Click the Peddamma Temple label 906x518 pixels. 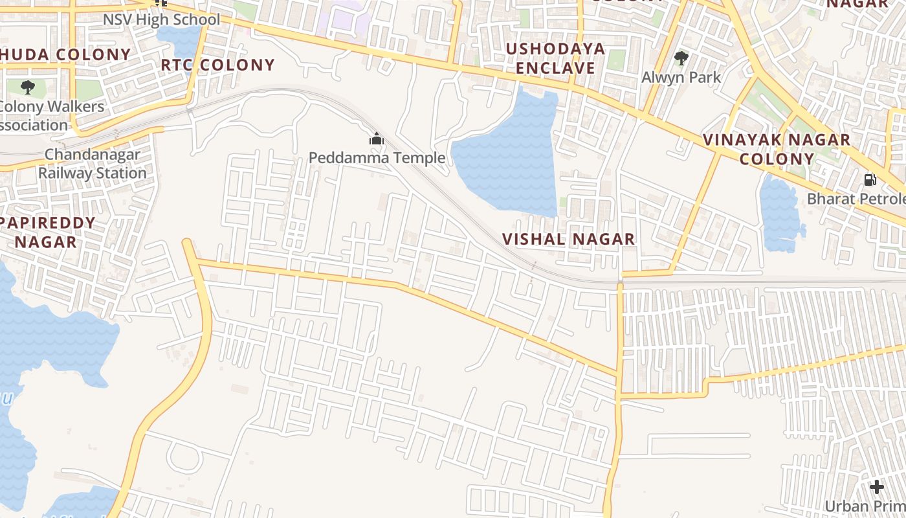[x=377, y=157]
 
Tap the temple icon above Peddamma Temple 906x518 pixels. [x=376, y=139]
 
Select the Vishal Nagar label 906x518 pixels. [x=568, y=239]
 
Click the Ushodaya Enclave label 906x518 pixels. [x=555, y=58]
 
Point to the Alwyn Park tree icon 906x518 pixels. [x=681, y=58]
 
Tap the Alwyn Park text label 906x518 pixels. [x=681, y=77]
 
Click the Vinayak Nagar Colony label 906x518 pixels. [x=777, y=149]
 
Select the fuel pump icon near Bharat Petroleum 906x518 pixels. [x=870, y=180]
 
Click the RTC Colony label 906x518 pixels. [x=218, y=65]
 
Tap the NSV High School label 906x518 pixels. [x=162, y=19]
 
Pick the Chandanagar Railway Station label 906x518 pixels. [x=92, y=164]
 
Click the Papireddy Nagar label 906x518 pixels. [x=47, y=232]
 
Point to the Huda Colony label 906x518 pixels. [x=65, y=54]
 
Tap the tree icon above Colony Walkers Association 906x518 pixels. [x=27, y=87]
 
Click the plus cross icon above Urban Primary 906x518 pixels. [x=877, y=487]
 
